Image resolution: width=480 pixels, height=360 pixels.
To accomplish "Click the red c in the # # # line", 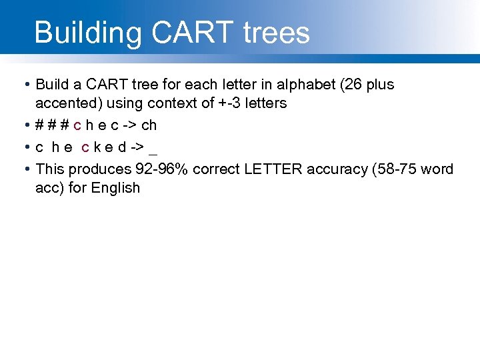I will click(78, 125).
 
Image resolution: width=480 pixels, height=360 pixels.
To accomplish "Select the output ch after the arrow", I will click(149, 125).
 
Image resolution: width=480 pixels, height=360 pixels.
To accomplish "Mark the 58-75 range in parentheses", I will click(397, 169).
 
